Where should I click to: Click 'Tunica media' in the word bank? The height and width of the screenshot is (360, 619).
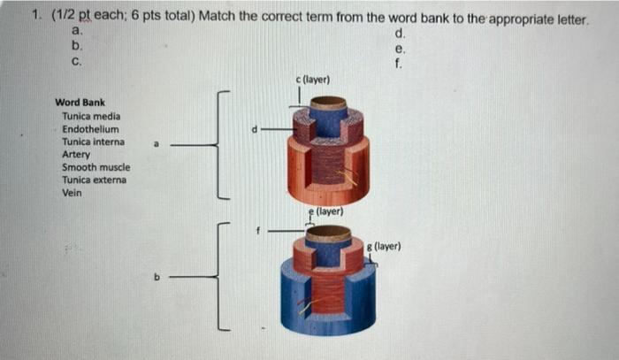[91, 116]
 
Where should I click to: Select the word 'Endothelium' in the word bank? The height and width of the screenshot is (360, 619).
[90, 129]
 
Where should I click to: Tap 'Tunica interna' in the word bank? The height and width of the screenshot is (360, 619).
[93, 142]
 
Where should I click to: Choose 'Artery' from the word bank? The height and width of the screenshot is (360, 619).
[76, 154]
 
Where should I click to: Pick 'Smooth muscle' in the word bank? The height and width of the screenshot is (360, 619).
[96, 167]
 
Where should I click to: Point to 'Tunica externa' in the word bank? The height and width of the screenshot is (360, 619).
[94, 180]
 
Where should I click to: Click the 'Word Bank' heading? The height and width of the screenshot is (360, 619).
[80, 103]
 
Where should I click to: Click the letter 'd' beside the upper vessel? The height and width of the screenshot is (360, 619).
[255, 129]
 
